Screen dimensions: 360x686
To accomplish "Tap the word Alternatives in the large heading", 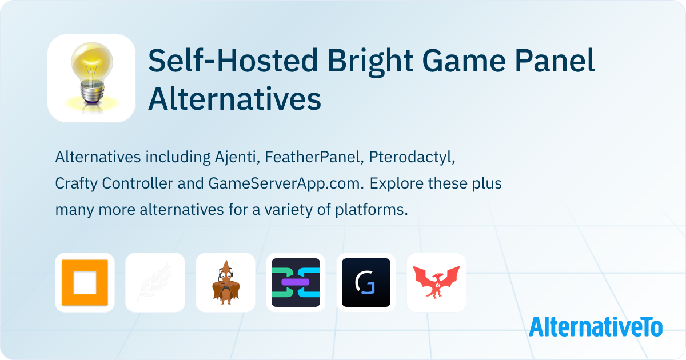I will pyautogui.click(x=234, y=99).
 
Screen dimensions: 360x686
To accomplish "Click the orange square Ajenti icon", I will pyautogui.click(x=85, y=283).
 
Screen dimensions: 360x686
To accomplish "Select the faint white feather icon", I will pyautogui.click(x=155, y=283).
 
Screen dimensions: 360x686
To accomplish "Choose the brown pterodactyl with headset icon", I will pyautogui.click(x=225, y=283).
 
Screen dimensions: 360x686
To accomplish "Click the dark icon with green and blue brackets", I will pyautogui.click(x=296, y=283).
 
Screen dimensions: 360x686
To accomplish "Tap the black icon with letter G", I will pyautogui.click(x=366, y=283).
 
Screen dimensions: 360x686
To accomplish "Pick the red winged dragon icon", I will pyautogui.click(x=436, y=283).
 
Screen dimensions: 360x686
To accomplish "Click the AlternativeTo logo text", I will pyautogui.click(x=595, y=327).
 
